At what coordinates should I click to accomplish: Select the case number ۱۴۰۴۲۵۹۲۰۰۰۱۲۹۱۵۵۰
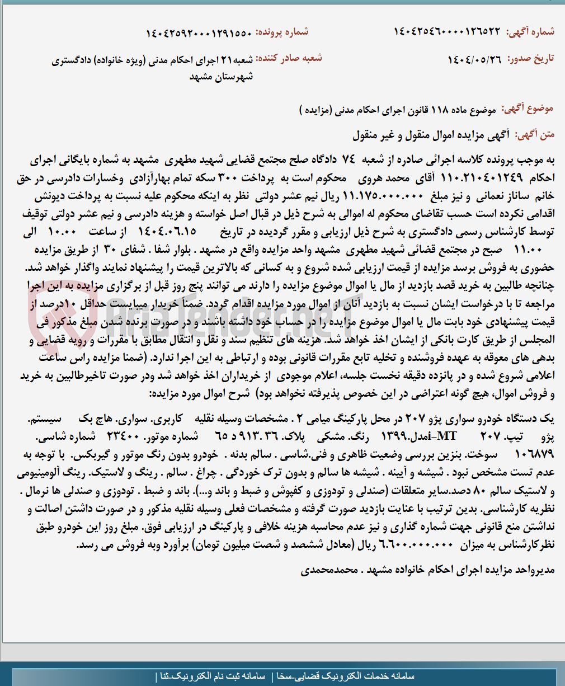click(x=199, y=32)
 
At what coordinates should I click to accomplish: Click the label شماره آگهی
click(x=530, y=32)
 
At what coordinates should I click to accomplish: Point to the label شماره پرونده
click(x=282, y=32)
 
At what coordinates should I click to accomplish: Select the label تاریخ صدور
click(x=530, y=59)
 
